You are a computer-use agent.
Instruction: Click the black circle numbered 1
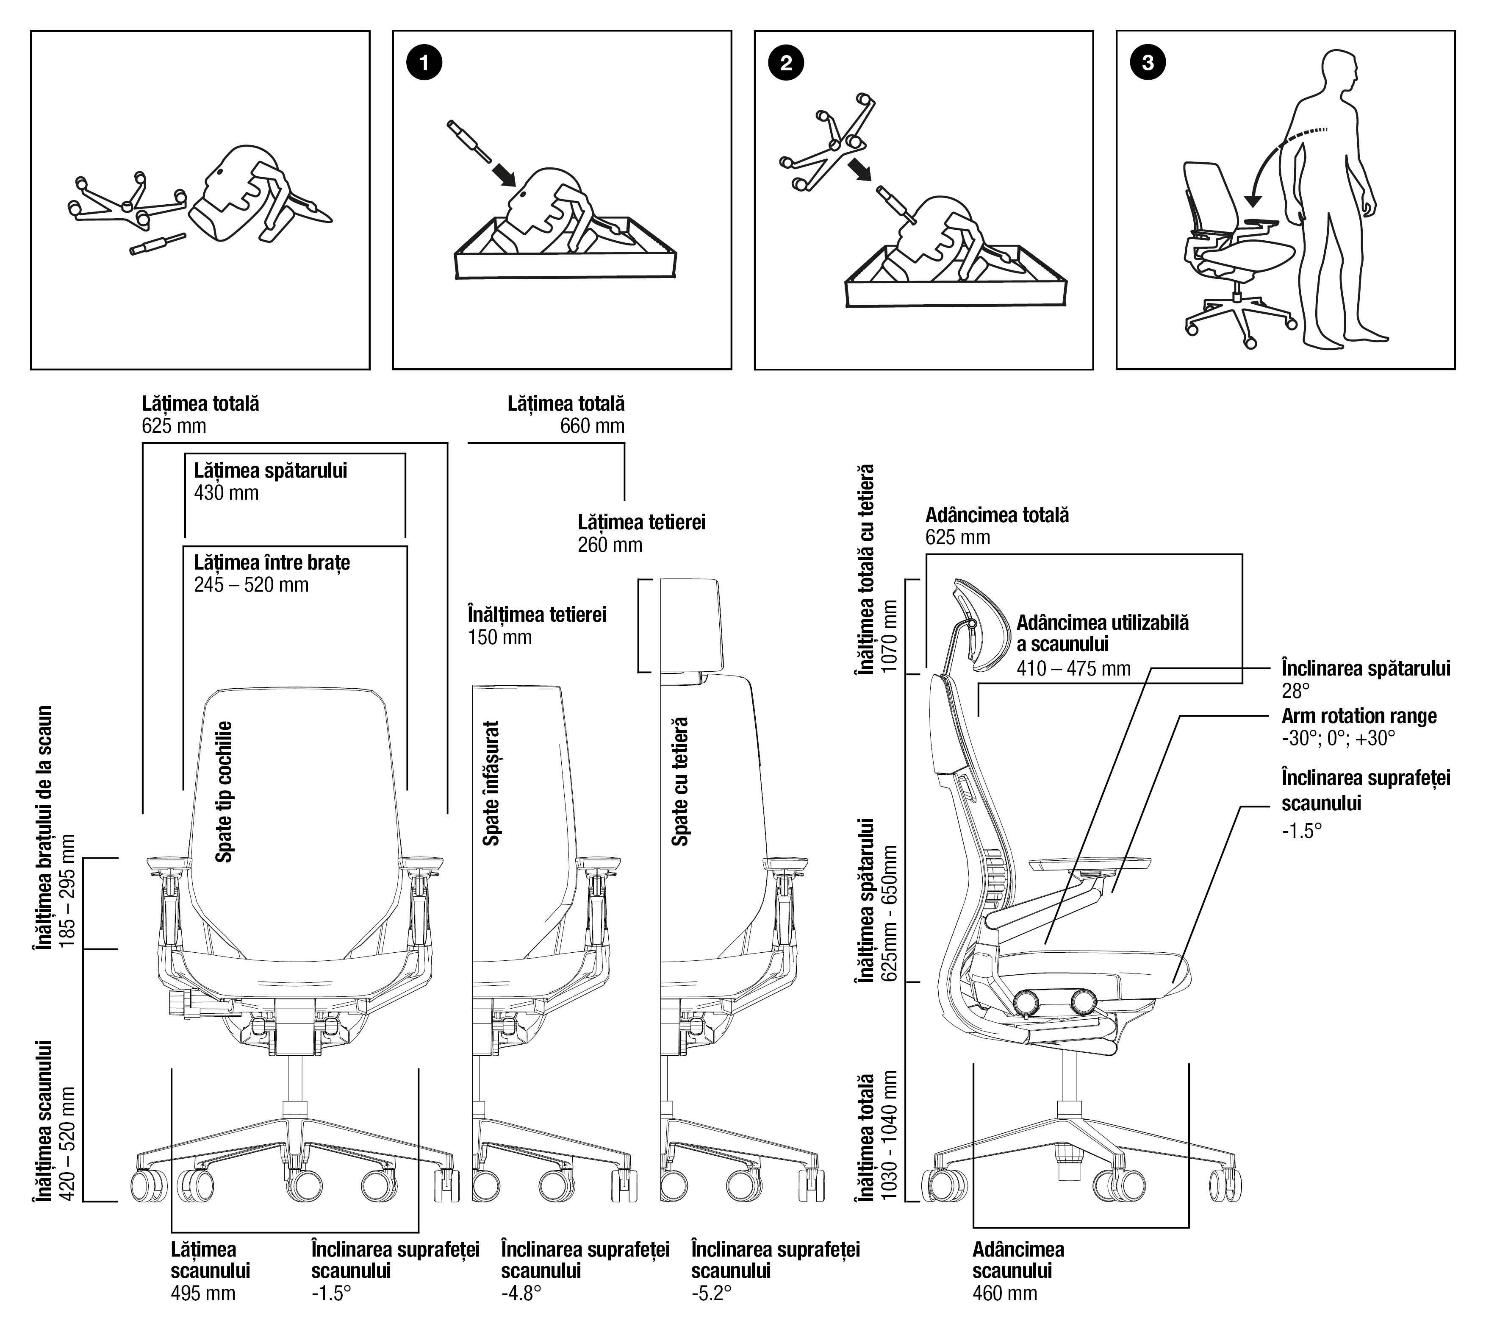(424, 63)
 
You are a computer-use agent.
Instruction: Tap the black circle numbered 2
(786, 63)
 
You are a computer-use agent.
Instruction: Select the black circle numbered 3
(1148, 63)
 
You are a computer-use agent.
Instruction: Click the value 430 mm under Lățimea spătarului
(226, 493)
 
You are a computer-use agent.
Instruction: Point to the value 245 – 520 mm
(251, 585)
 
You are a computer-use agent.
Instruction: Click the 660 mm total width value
(592, 426)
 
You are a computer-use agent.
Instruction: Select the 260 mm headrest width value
(610, 545)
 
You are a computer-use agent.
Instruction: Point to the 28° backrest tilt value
(1295, 690)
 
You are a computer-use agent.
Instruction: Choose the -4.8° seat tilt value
(521, 1293)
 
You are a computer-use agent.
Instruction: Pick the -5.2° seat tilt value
(711, 1293)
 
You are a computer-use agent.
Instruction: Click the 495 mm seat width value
(203, 1293)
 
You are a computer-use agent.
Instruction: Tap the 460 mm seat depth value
(1005, 1293)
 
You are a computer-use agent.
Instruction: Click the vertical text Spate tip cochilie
(225, 791)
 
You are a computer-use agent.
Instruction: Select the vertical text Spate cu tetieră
(680, 782)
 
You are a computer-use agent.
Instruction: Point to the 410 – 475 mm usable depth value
(1073, 668)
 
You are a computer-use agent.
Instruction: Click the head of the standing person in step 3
(1338, 71)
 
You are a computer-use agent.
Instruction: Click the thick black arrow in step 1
(504, 173)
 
